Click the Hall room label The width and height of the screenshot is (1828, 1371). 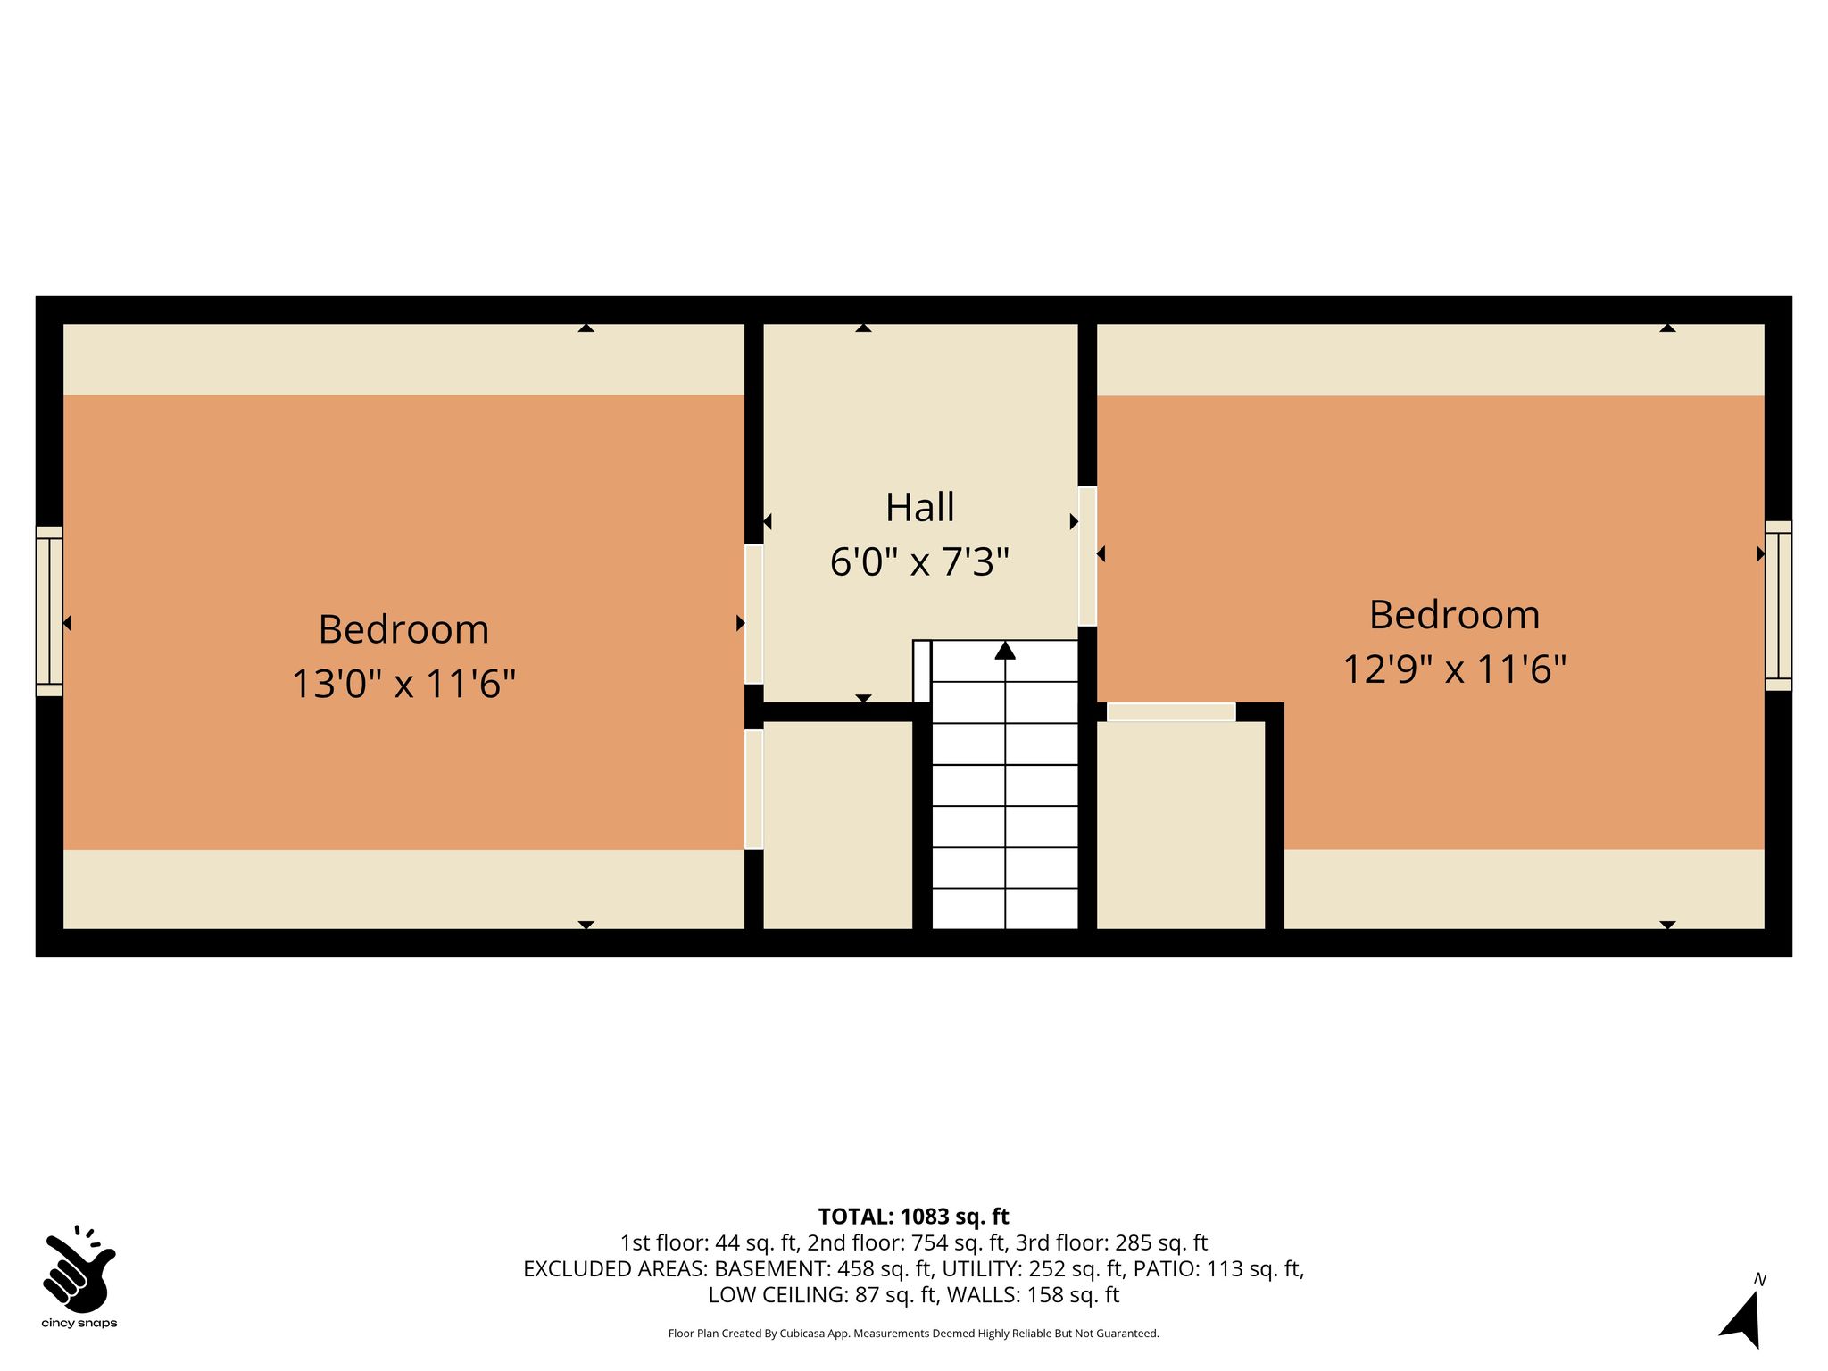[919, 507]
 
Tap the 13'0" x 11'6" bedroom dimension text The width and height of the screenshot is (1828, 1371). [404, 685]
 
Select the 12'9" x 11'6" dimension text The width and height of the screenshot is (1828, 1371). [1455, 669]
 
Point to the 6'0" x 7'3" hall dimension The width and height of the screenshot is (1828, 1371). [919, 562]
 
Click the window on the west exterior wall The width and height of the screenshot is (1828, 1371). [49, 611]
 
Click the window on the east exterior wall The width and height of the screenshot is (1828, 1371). [1778, 605]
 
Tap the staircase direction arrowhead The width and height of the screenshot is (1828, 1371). [1005, 650]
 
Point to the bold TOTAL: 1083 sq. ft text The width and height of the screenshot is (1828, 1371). [913, 1217]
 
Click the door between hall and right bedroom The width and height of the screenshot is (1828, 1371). [1087, 556]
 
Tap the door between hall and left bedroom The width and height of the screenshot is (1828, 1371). [754, 614]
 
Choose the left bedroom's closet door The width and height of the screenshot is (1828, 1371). [754, 789]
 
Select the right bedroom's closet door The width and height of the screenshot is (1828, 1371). [1171, 711]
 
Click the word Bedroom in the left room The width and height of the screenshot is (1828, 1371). [404, 629]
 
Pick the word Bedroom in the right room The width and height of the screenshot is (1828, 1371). [1455, 615]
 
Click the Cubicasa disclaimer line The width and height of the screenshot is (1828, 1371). [913, 1334]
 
